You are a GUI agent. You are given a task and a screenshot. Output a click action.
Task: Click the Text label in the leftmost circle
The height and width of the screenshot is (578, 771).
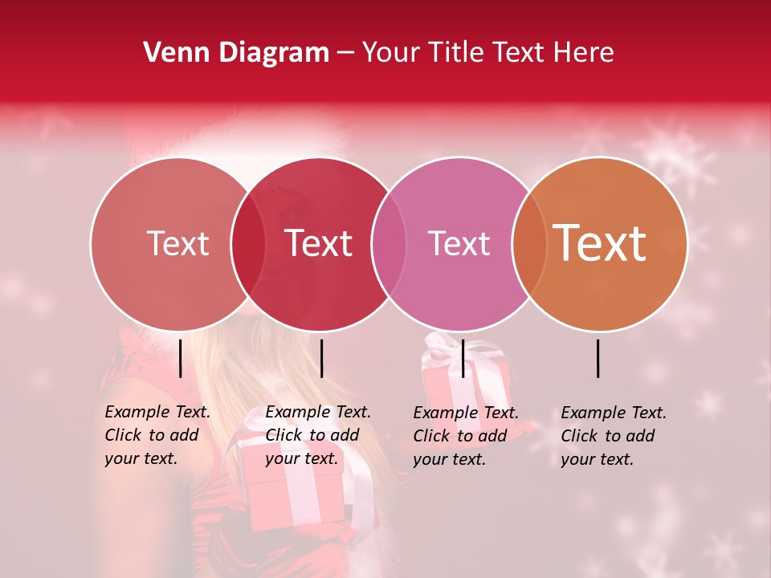pyautogui.click(x=177, y=243)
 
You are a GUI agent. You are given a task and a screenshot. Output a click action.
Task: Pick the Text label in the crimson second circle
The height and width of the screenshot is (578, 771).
pyautogui.click(x=318, y=243)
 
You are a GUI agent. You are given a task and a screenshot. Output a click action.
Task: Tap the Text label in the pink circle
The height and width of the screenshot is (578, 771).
pyautogui.click(x=459, y=243)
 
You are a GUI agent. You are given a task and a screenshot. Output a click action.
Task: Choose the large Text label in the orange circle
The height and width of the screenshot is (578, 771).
pyautogui.click(x=599, y=243)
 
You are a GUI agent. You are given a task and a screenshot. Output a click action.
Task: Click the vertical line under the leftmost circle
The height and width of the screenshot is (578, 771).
pyautogui.click(x=181, y=358)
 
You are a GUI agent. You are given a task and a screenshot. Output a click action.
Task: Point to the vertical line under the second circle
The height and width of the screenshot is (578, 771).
pyautogui.click(x=321, y=358)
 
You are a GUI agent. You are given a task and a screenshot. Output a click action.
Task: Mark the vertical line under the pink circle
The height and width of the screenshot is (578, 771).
pyautogui.click(x=463, y=358)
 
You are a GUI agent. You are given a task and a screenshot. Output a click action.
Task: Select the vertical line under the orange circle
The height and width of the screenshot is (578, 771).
pyautogui.click(x=598, y=358)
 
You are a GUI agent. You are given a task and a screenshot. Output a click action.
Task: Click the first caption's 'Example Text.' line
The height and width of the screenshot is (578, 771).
pyautogui.click(x=157, y=412)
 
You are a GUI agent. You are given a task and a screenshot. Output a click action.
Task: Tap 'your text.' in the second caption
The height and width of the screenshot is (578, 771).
pyautogui.click(x=301, y=458)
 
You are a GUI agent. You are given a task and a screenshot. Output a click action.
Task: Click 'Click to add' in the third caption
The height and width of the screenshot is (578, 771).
pyautogui.click(x=460, y=435)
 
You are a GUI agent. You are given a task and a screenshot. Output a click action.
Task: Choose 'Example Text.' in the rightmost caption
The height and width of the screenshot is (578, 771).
pyautogui.click(x=614, y=413)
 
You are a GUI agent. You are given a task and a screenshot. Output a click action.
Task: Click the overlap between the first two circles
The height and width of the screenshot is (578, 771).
pyautogui.click(x=248, y=243)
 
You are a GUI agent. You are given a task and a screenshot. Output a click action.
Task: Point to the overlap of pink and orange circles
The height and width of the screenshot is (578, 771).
pyautogui.click(x=528, y=243)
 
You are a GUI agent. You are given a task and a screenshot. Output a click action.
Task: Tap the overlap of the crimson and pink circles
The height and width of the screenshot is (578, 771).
pyautogui.click(x=387, y=243)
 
